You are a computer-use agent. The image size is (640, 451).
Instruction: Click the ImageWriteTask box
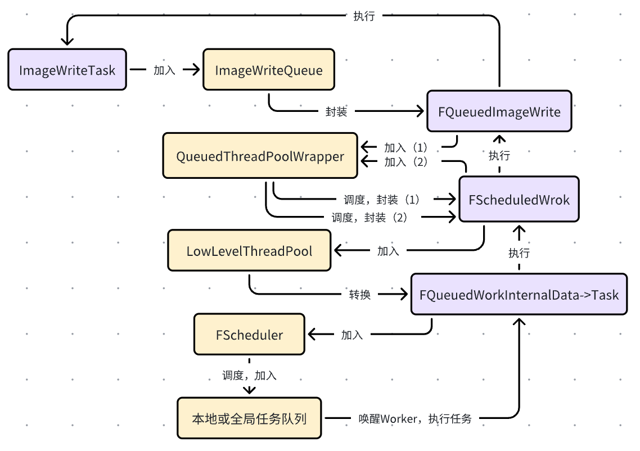pyautogui.click(x=67, y=70)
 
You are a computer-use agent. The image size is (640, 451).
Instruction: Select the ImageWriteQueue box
pyautogui.click(x=269, y=70)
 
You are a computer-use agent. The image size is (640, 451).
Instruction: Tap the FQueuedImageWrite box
pyautogui.click(x=499, y=111)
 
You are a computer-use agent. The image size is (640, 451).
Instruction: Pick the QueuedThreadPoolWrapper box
pyautogui.click(x=260, y=156)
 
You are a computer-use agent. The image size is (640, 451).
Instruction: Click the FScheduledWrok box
pyautogui.click(x=519, y=200)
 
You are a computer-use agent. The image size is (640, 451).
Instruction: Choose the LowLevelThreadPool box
pyautogui.click(x=249, y=251)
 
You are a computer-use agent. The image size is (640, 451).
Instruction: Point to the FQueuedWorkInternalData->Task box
pyautogui.click(x=519, y=294)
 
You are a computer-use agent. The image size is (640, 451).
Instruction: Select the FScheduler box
pyautogui.click(x=249, y=335)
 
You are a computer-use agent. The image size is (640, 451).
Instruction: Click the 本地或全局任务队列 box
pyautogui.click(x=249, y=418)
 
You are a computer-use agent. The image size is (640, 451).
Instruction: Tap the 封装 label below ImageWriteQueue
pyautogui.click(x=336, y=111)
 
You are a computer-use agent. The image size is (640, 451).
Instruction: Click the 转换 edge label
pyautogui.click(x=359, y=294)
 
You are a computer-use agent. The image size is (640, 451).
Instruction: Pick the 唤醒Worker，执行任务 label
pyautogui.click(x=415, y=418)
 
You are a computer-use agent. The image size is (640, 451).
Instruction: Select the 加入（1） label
pyautogui.click(x=406, y=148)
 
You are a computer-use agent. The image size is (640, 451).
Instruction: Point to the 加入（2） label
pyautogui.click(x=406, y=162)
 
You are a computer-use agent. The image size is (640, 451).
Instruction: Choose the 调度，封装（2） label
pyautogui.click(x=369, y=217)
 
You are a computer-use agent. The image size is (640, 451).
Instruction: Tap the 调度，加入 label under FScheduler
pyautogui.click(x=249, y=375)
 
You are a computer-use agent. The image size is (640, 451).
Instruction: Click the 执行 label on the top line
pyautogui.click(x=364, y=16)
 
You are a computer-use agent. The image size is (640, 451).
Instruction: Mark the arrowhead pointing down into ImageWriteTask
pyautogui.click(x=67, y=40)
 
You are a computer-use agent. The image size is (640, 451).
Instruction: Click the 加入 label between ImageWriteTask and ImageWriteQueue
pyautogui.click(x=164, y=70)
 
